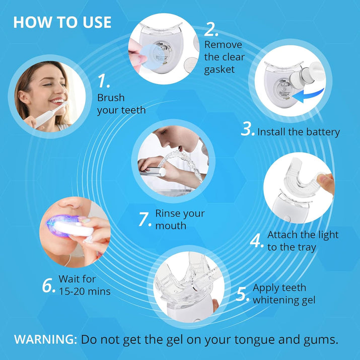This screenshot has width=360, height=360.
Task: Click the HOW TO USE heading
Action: pos(62,22)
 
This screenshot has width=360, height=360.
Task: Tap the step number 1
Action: pos(104,81)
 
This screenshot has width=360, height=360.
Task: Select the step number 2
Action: pos(211,29)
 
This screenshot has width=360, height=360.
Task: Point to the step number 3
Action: pos(248,129)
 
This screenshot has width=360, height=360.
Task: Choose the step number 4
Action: pos(256,241)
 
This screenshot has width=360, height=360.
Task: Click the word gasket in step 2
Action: pos(219,69)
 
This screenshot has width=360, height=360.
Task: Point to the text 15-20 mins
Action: pos(85,292)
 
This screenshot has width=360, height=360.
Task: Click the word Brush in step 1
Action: pos(111,98)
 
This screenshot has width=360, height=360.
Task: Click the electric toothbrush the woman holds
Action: pos(52,115)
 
